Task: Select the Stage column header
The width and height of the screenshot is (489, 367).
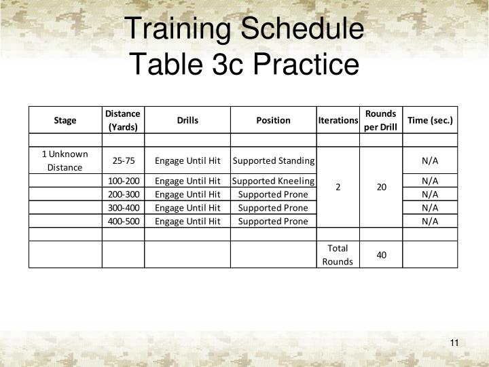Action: click(x=65, y=120)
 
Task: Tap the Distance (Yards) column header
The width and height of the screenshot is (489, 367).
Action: click(x=123, y=120)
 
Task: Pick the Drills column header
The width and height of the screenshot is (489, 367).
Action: click(x=187, y=120)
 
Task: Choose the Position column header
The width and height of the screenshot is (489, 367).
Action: click(x=273, y=120)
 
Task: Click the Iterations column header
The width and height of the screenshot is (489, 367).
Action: click(x=338, y=120)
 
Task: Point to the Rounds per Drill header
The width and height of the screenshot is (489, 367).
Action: click(x=380, y=120)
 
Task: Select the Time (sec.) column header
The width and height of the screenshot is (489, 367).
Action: click(x=430, y=120)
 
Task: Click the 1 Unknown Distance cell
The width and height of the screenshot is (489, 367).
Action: click(x=65, y=160)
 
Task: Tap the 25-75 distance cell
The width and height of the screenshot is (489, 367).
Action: click(x=124, y=160)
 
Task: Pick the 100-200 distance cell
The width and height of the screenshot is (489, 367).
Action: click(x=124, y=181)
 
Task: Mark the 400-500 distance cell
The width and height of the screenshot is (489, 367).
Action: click(x=124, y=221)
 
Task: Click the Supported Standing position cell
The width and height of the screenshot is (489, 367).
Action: click(x=273, y=160)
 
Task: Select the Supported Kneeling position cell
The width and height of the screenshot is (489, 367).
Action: click(x=273, y=181)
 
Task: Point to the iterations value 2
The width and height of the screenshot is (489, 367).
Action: click(x=338, y=186)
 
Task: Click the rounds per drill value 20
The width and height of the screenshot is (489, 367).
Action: click(x=381, y=186)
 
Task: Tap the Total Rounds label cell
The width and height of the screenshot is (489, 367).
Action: click(x=338, y=255)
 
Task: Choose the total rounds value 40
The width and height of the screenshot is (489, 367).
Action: click(x=381, y=255)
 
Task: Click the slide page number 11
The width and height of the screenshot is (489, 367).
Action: click(x=454, y=342)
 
